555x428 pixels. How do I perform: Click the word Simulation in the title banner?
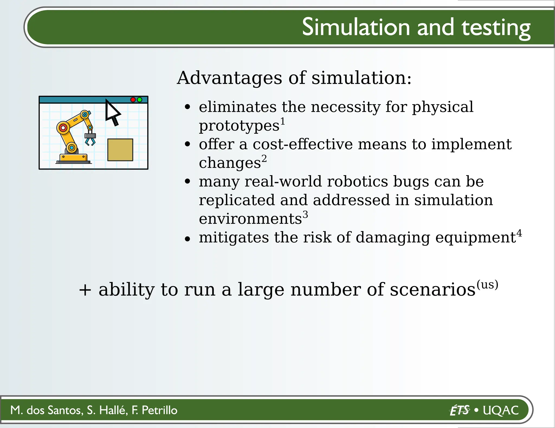point(356,27)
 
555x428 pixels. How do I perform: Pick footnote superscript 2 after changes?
point(264,158)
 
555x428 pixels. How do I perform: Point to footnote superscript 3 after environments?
point(305,215)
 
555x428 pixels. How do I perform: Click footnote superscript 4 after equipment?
point(519,233)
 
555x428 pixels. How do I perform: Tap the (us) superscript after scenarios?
point(487,285)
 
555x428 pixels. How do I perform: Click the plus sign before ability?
point(85,290)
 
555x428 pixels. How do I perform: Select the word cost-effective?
point(302,144)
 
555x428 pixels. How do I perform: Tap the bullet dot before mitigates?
point(187,239)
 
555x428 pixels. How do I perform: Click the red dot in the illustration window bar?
point(133,100)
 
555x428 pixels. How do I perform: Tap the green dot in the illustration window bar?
point(140,100)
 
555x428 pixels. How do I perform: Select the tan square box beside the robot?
point(120,150)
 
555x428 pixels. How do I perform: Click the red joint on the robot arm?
point(63,127)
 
